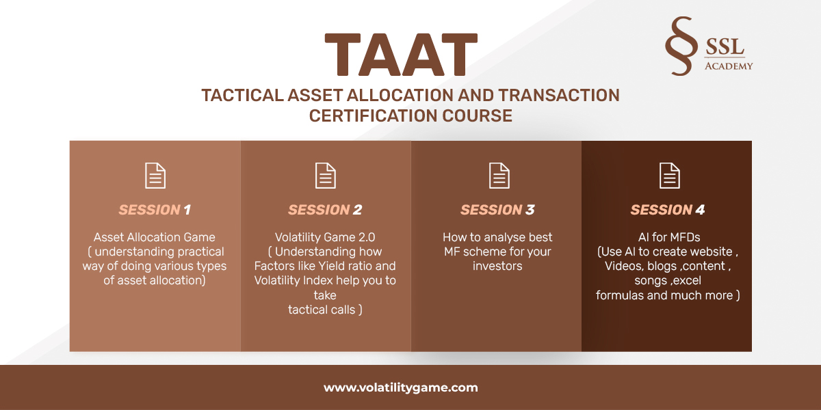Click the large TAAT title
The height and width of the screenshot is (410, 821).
click(x=401, y=55)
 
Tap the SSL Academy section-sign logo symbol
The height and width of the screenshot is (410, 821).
click(x=681, y=46)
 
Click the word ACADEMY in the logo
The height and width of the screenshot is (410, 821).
click(x=729, y=66)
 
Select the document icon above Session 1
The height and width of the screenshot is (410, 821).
click(x=155, y=176)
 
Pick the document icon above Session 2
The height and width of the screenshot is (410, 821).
click(x=326, y=176)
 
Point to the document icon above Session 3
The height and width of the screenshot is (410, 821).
click(x=499, y=176)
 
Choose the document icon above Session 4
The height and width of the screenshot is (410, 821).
click(x=670, y=176)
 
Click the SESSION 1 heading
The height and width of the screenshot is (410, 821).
click(x=155, y=210)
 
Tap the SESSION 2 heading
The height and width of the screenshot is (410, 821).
click(x=325, y=210)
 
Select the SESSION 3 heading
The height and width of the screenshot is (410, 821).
click(x=497, y=210)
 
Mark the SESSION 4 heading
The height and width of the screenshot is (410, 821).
click(x=668, y=210)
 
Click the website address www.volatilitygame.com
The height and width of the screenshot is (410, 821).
click(x=401, y=387)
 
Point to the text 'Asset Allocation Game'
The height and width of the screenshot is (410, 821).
click(x=155, y=237)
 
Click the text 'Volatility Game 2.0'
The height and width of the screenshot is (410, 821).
click(x=325, y=237)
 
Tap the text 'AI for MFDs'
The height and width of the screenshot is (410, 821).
click(x=669, y=237)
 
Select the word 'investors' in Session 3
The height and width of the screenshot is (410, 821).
click(x=497, y=266)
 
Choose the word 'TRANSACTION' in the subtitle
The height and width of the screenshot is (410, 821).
click(x=559, y=95)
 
